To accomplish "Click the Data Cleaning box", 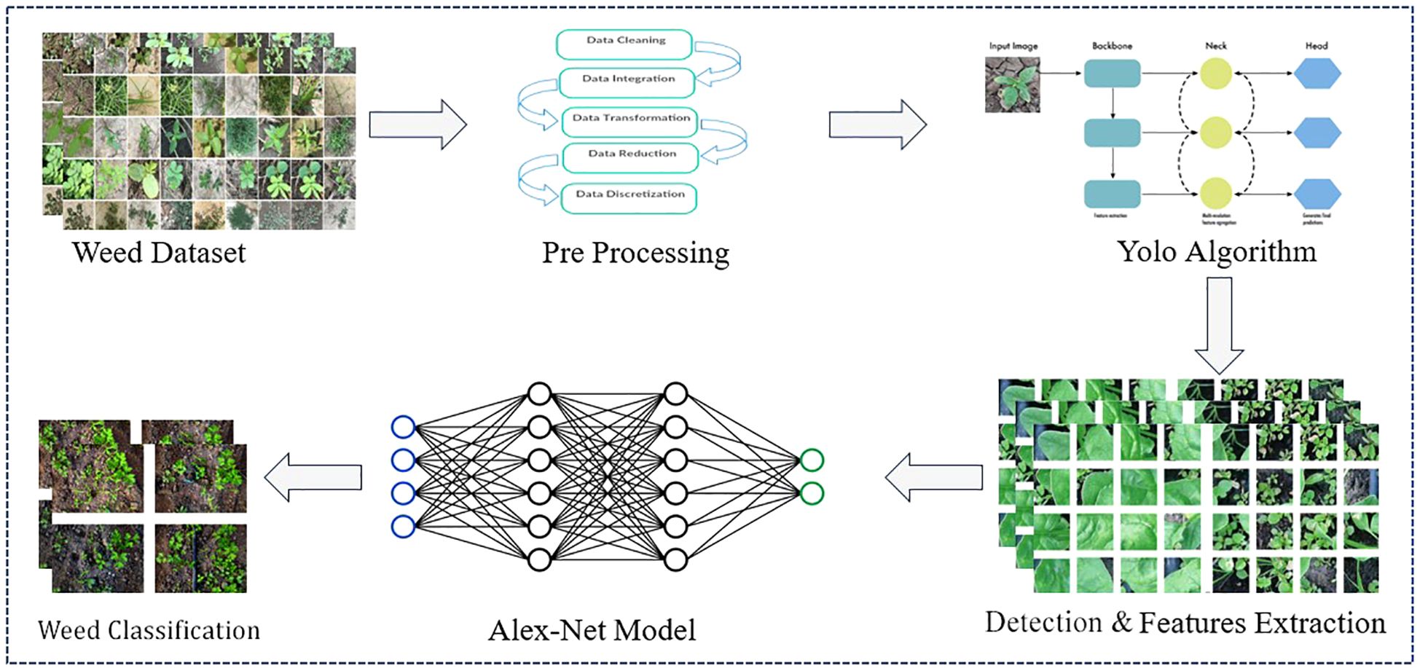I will point(624,44).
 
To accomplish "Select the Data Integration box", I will point(627,82).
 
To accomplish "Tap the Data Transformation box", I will point(630,121).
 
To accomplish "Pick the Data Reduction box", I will point(631,157).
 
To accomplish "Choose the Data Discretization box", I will point(629,197).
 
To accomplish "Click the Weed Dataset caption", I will point(159,253).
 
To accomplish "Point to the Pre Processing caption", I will point(635,253).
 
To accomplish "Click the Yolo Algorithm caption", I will point(1217,251).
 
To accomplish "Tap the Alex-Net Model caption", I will point(592,630).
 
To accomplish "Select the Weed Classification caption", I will point(149,630).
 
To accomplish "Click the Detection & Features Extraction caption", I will point(1185,623).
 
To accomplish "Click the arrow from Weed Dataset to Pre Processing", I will point(417,125).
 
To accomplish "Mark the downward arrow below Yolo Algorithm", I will point(1220,325).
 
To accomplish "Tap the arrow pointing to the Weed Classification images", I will point(313,477).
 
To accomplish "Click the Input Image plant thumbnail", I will point(1013,85).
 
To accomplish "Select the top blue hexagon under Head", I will point(1317,74).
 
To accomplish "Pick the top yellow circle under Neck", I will point(1215,74).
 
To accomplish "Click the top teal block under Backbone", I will point(1112,74).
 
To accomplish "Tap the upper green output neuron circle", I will point(812,460).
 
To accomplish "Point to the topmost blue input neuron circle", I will point(403,427).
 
